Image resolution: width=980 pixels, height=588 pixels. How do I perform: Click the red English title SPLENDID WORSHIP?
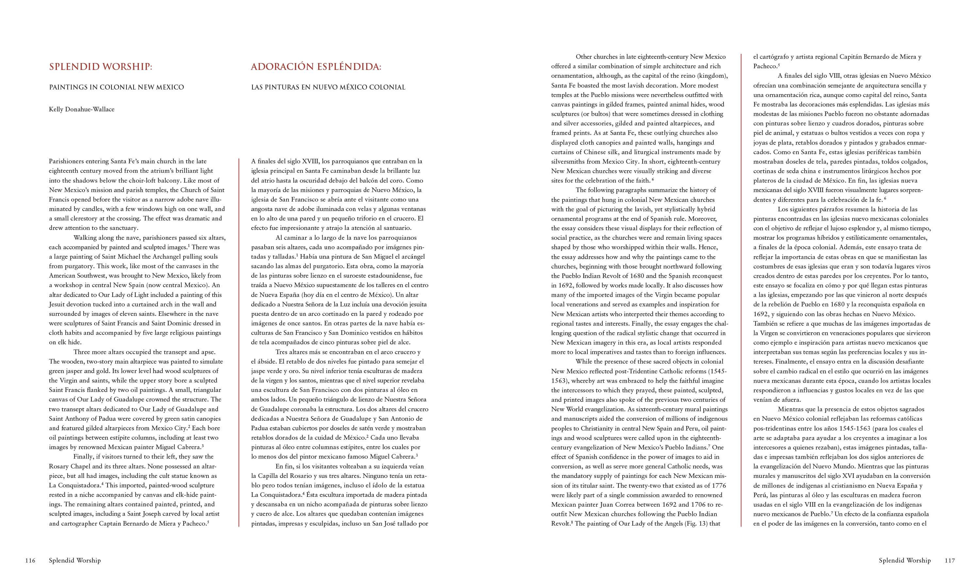101,67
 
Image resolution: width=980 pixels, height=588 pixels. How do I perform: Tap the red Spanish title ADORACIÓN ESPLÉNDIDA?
316,67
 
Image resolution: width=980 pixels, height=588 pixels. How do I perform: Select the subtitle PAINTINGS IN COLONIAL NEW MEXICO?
117,87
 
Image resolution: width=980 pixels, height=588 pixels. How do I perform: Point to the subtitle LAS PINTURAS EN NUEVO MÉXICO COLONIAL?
328,87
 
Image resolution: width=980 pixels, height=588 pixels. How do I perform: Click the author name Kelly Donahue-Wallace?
82,109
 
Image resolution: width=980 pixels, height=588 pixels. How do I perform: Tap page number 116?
30,560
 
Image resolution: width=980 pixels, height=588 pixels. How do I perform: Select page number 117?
950,560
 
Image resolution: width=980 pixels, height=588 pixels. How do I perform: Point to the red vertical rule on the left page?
239,342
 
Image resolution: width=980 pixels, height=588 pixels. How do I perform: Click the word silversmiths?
568,161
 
